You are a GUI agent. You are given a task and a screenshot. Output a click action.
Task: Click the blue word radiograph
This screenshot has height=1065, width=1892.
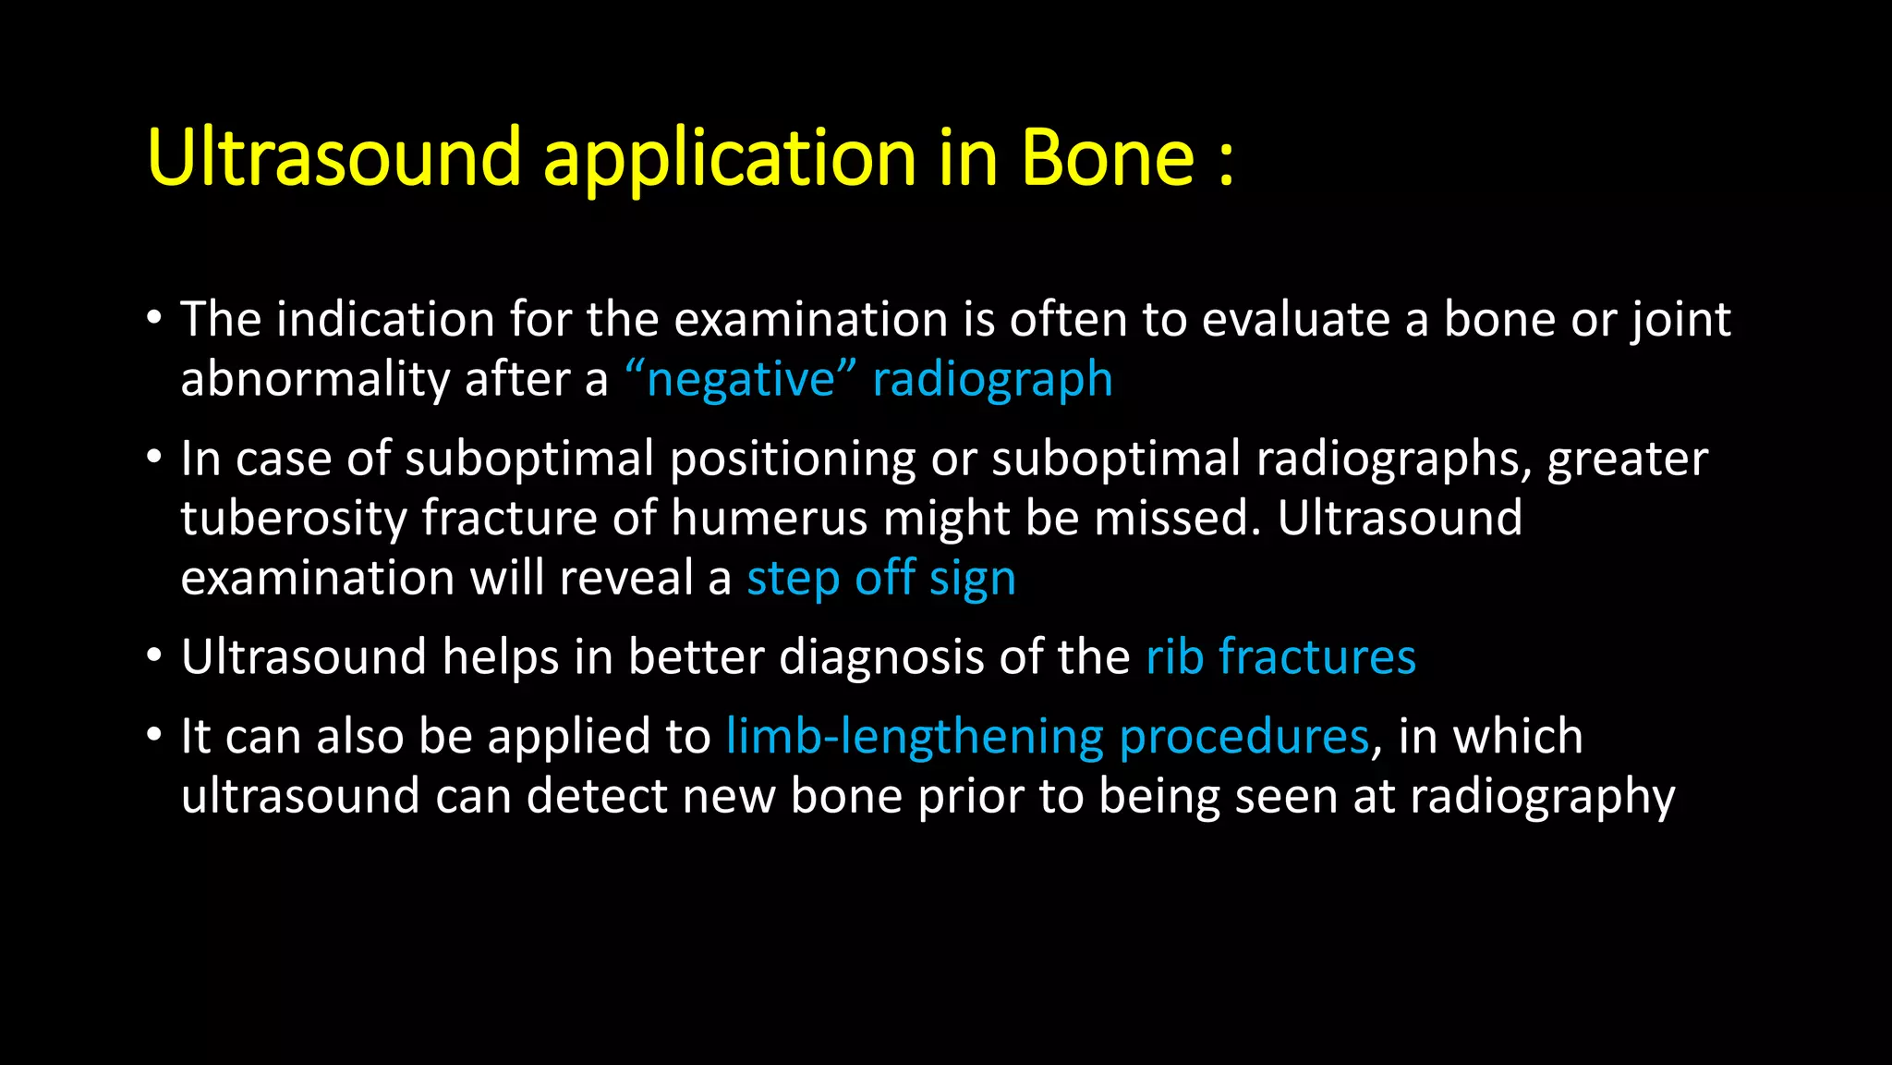[x=992, y=381]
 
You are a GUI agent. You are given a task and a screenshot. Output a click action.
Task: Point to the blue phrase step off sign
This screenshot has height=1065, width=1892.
[x=880, y=579]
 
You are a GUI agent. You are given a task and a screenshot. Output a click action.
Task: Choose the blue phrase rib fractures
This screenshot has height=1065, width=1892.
[x=1280, y=657]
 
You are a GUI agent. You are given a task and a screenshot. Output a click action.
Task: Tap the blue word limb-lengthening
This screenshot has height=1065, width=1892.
[x=914, y=738]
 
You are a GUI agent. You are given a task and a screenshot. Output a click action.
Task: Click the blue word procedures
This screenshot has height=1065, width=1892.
[x=1243, y=738]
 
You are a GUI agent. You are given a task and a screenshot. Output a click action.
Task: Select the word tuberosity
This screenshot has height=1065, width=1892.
[x=293, y=520]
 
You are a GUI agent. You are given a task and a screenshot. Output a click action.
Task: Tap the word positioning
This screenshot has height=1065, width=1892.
[x=792, y=459]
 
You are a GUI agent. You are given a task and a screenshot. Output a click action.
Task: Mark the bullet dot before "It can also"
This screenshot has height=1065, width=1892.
[x=154, y=736]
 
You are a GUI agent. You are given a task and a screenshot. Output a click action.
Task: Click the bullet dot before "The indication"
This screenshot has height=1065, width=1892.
[x=154, y=319]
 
